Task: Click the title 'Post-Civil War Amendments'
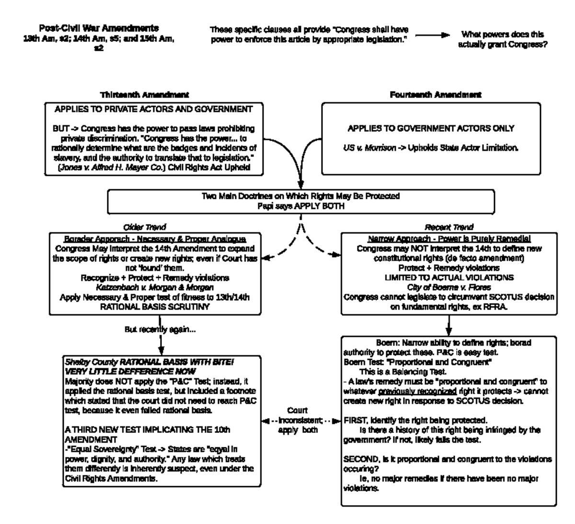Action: tap(99, 28)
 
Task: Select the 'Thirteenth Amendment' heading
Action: tap(144, 95)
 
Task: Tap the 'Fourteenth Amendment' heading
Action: tap(435, 95)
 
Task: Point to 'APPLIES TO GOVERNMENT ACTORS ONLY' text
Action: tap(431, 128)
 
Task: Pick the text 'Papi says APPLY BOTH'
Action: tap(300, 206)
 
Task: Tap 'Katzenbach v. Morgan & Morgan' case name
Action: tap(155, 287)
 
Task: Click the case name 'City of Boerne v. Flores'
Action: tap(448, 287)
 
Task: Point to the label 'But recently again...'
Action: tap(160, 330)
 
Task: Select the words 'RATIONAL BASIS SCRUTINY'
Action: tap(155, 307)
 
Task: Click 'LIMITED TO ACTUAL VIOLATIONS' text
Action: tap(449, 277)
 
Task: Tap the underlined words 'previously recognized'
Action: tap(416, 391)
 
